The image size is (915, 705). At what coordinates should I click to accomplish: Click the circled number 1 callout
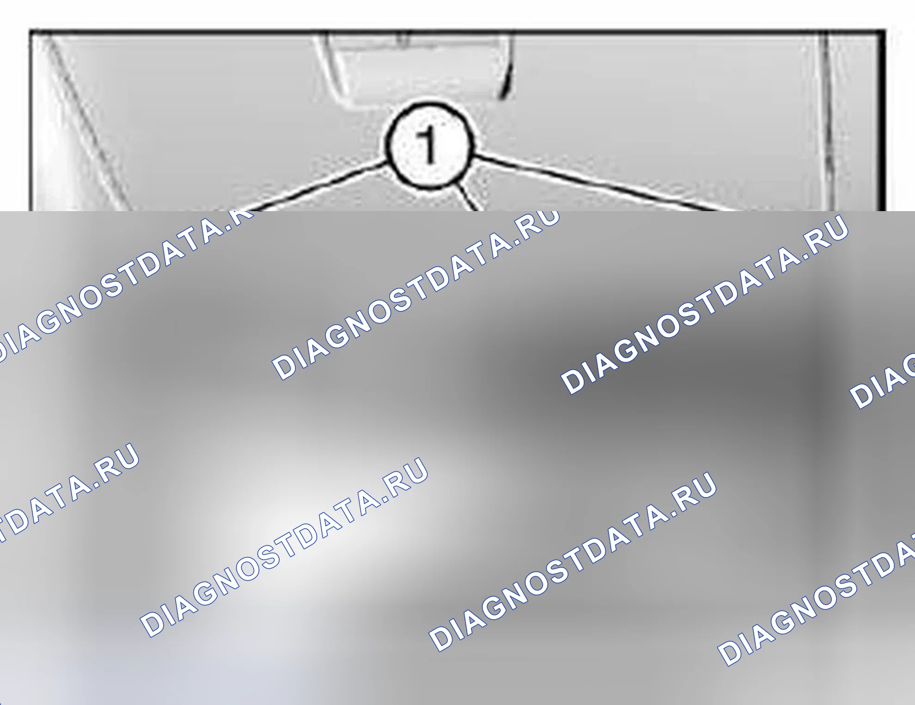429,146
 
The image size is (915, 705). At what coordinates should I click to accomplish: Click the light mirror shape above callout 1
418,69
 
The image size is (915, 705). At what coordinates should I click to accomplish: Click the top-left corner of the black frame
30,31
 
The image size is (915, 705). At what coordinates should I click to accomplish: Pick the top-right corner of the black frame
884,31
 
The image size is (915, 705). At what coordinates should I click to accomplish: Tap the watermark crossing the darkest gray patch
704,304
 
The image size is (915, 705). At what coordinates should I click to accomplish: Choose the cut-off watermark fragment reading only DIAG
883,381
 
